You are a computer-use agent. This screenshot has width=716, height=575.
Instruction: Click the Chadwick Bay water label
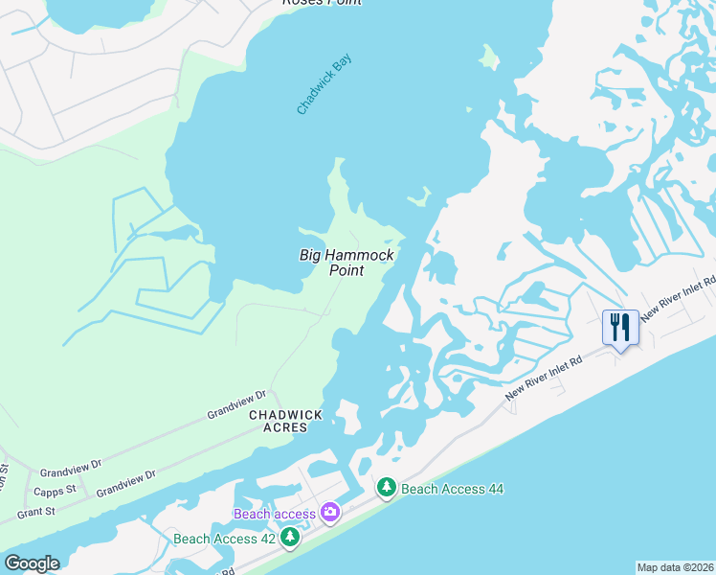(324, 85)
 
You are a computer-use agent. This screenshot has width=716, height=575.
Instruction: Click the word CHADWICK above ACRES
(286, 415)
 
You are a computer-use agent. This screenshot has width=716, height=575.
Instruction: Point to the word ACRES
(286, 427)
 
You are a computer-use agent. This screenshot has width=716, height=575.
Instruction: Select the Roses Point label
(322, 3)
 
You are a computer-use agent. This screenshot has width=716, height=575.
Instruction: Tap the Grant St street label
(35, 513)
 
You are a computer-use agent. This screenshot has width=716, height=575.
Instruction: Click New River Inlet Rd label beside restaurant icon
(679, 301)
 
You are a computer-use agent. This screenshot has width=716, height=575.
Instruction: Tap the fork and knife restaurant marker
(620, 328)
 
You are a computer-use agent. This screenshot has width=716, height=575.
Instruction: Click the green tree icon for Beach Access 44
(386, 488)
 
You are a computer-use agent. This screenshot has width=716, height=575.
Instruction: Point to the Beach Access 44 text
(452, 489)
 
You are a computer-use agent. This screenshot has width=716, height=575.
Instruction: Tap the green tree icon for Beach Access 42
(289, 538)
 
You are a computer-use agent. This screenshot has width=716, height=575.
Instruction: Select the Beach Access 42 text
(224, 539)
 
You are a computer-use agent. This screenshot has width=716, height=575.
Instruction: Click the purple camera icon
(330, 513)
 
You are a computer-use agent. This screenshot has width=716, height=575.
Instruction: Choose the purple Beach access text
(275, 515)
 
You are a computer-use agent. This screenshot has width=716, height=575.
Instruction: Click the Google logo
(32, 563)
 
